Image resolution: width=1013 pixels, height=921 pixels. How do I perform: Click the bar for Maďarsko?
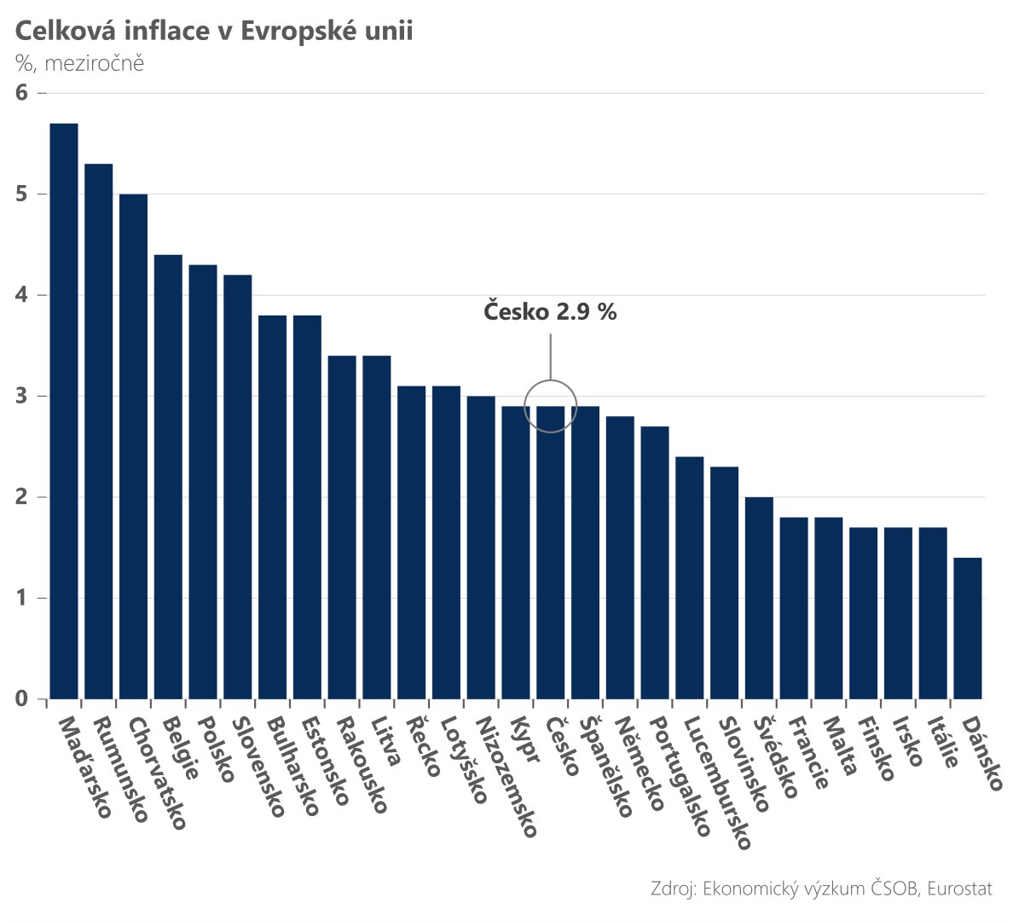pyautogui.click(x=64, y=409)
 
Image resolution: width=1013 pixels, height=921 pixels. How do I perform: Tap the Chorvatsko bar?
pyautogui.click(x=134, y=445)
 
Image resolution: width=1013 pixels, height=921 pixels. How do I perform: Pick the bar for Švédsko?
pyautogui.click(x=759, y=597)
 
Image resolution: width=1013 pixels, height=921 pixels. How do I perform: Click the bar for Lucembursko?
pyautogui.click(x=690, y=577)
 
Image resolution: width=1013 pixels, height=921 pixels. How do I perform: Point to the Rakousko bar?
pyautogui.click(x=342, y=526)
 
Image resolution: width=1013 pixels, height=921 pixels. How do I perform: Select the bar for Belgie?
pyautogui.click(x=168, y=476)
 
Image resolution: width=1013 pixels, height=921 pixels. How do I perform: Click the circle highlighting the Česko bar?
pyautogui.click(x=551, y=406)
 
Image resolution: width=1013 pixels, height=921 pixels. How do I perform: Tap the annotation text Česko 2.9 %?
pyautogui.click(x=550, y=312)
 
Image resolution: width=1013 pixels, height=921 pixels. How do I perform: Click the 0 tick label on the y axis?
pyautogui.click(x=22, y=699)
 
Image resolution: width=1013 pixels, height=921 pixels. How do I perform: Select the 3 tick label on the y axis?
pyautogui.click(x=22, y=396)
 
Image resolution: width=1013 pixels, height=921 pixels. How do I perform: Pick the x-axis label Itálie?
pyautogui.click(x=942, y=742)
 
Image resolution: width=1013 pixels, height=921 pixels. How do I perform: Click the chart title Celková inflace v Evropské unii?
pyautogui.click(x=213, y=32)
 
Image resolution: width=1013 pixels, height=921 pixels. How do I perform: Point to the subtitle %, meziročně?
pyautogui.click(x=79, y=63)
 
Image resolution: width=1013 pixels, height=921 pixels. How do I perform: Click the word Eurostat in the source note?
pyautogui.click(x=959, y=889)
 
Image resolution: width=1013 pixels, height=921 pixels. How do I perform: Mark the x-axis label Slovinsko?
pyautogui.click(x=744, y=763)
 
